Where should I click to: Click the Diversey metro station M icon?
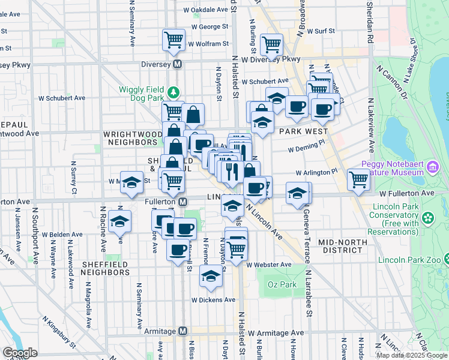pyautogui.click(x=178, y=64)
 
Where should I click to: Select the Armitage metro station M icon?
pyautogui.click(x=183, y=331)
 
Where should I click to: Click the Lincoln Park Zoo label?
pyautogui.click(x=409, y=260)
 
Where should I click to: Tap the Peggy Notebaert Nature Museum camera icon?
pyautogui.click(x=431, y=171)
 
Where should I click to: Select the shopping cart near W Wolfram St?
pyautogui.click(x=173, y=40)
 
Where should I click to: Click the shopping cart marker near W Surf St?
pyautogui.click(x=272, y=43)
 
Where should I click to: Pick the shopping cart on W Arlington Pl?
pyautogui.click(x=358, y=178)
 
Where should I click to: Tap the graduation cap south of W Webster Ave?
pyautogui.click(x=210, y=276)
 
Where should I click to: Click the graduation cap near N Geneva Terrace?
pyautogui.click(x=297, y=194)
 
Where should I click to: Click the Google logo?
pyautogui.click(x=20, y=353)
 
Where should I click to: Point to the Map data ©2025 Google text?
pyautogui.click(x=411, y=355)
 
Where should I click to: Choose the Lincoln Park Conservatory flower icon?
pyautogui.click(x=428, y=217)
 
